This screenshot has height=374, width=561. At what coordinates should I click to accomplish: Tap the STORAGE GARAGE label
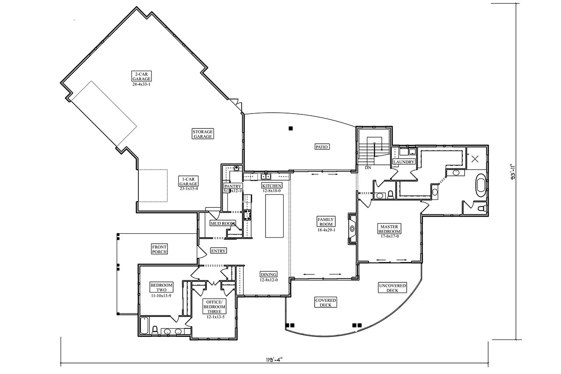click(202, 134)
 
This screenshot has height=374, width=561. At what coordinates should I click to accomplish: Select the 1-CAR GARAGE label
click(188, 181)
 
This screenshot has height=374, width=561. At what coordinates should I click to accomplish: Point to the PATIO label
click(322, 146)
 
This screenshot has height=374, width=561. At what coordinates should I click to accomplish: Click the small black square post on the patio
click(290, 128)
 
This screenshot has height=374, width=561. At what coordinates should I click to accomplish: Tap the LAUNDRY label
click(404, 162)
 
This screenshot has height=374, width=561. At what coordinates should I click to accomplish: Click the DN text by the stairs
click(368, 167)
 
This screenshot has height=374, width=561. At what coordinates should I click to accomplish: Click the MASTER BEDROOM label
click(389, 228)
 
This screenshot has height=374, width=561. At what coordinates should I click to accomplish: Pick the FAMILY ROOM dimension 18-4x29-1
click(327, 230)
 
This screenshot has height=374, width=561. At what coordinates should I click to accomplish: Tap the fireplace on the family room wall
click(352, 228)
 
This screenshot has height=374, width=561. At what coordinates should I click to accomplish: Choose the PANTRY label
click(233, 186)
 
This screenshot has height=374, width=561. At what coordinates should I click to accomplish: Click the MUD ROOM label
click(223, 223)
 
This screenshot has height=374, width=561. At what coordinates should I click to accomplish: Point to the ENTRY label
click(218, 251)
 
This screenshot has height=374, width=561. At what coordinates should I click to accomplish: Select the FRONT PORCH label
click(160, 249)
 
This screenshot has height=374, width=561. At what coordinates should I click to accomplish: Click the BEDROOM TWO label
click(161, 288)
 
